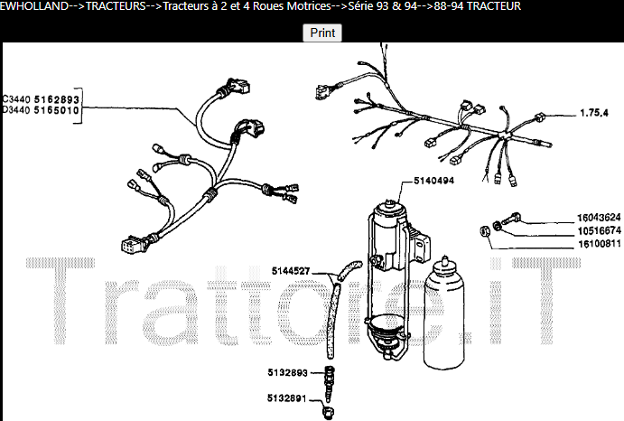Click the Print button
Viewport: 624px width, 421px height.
pos(322,33)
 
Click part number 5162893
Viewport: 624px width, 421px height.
pos(57,99)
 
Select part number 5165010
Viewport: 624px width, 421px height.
pos(57,110)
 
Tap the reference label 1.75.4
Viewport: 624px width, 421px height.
pos(594,113)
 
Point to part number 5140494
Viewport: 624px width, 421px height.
pos(433,181)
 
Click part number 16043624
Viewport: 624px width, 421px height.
pos(599,218)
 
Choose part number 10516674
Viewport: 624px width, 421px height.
pos(599,230)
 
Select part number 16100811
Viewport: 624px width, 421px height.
pos(599,244)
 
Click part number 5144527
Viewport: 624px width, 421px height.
pos(291,271)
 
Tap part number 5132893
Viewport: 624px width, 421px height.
pos(287,373)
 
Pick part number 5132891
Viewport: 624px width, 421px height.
pos(286,398)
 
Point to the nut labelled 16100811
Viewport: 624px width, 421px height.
pos(485,231)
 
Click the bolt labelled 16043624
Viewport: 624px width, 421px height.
pos(511,218)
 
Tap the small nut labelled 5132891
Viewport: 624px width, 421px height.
pos(329,412)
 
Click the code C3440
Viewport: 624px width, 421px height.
pos(16,99)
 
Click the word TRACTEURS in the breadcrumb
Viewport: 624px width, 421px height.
pos(116,6)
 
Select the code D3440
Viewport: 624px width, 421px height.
pos(16,110)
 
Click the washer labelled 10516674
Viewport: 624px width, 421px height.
pos(497,226)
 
